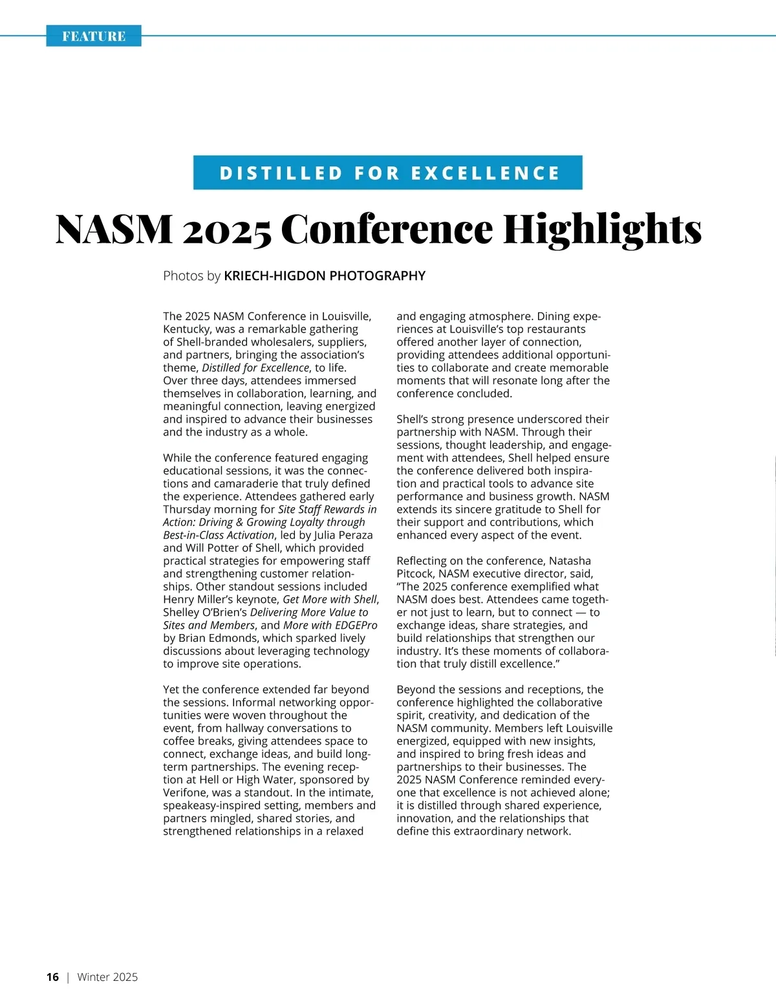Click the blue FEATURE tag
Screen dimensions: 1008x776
click(x=94, y=36)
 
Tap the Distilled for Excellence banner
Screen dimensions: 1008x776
click(x=388, y=173)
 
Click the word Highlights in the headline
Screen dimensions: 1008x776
click(x=602, y=230)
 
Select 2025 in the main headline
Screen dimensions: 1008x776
click(x=226, y=230)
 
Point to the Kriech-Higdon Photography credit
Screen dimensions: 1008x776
click(x=325, y=276)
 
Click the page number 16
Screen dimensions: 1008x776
click(x=52, y=977)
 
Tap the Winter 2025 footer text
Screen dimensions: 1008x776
click(x=107, y=977)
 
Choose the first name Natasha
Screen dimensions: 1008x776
click(x=570, y=561)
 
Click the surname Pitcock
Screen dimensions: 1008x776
click(x=415, y=574)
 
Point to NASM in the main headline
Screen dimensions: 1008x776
click(x=114, y=230)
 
